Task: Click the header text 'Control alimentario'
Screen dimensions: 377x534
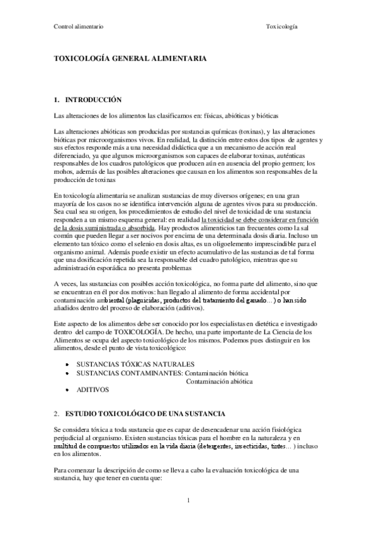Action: tap(79, 28)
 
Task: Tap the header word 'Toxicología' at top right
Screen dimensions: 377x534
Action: tap(282, 28)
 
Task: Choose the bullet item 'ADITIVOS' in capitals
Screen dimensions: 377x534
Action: tap(93, 390)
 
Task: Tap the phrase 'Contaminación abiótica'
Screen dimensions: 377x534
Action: tap(220, 381)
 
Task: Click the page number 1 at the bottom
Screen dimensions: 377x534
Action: tap(188, 501)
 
